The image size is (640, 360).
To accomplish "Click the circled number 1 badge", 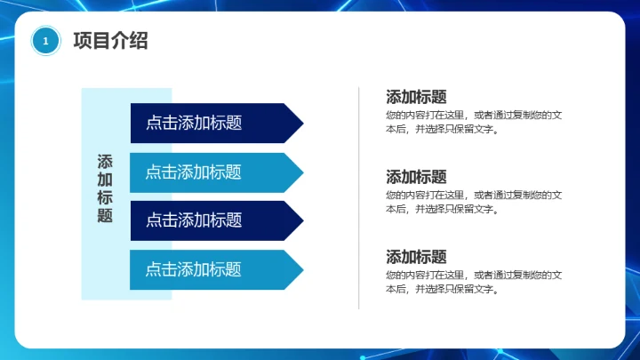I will tap(45, 41).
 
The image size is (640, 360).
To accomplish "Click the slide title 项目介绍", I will tap(110, 41).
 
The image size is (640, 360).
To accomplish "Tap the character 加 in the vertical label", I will tap(105, 180).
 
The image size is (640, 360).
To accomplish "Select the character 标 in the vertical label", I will tap(105, 197).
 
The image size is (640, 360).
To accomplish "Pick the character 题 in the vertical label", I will tap(105, 215).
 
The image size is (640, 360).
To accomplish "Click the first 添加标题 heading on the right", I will tap(416, 98).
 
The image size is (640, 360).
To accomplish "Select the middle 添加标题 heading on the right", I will tap(416, 177).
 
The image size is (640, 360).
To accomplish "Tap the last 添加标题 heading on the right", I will tap(416, 257).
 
